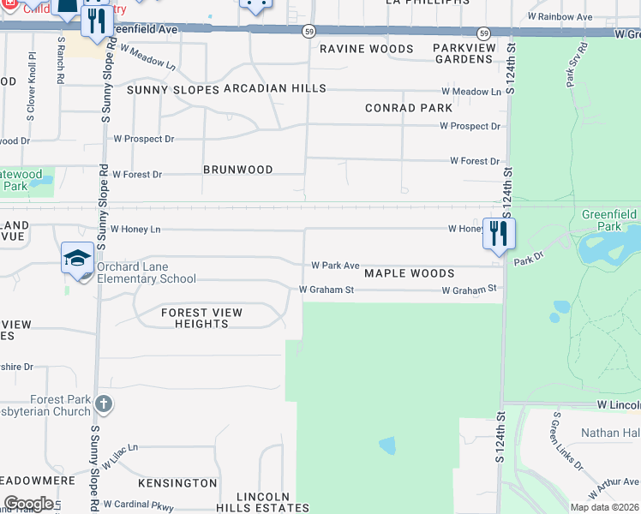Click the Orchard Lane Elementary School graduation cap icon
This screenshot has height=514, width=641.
(77, 258)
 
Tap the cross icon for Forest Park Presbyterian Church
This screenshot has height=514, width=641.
(103, 403)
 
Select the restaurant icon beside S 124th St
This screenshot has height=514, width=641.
(499, 233)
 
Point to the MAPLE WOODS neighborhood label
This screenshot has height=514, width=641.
(409, 273)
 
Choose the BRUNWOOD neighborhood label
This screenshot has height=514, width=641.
(238, 170)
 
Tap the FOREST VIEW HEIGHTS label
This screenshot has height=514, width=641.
(201, 318)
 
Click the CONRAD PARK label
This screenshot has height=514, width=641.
(408, 108)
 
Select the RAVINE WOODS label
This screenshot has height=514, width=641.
(366, 49)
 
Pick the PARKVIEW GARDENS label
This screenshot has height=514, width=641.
(463, 54)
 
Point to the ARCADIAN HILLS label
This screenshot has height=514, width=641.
(274, 88)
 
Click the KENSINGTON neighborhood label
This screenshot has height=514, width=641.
(177, 483)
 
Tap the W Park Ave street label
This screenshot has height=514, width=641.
(335, 266)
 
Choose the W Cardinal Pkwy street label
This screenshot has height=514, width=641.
(138, 505)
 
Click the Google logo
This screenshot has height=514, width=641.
(28, 504)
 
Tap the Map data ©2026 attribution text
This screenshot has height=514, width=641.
(604, 507)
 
